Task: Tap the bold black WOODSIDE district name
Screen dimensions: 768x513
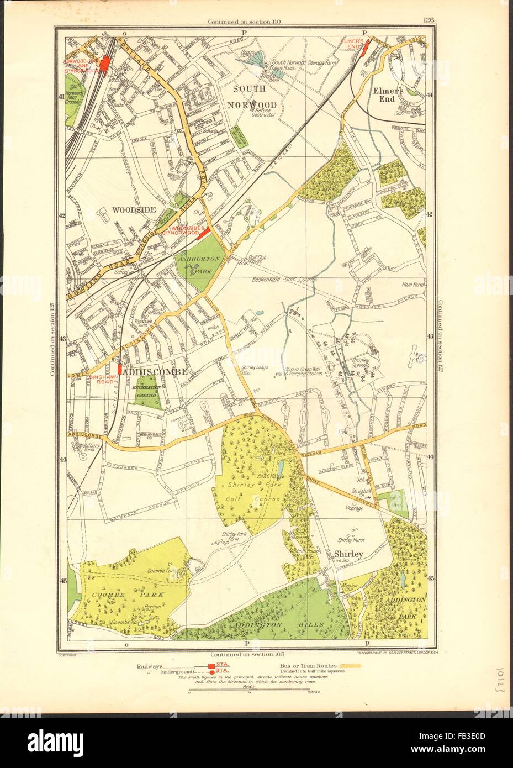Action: [x=133, y=210]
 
